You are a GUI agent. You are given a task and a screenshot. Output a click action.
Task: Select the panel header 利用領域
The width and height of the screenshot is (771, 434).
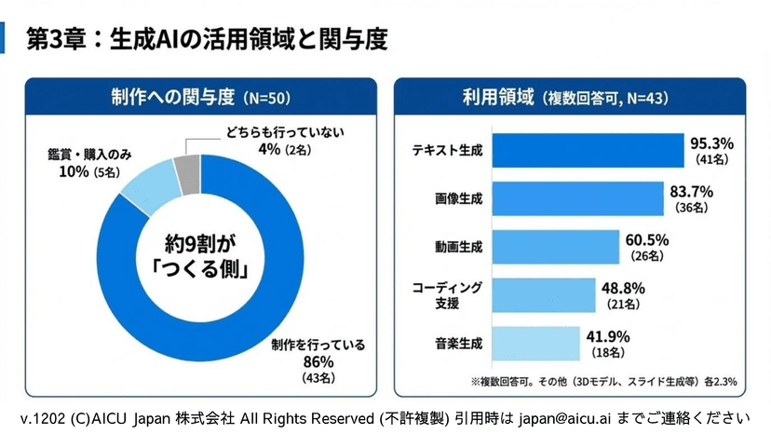(497, 97)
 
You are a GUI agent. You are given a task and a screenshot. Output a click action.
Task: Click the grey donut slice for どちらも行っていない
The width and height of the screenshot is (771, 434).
(187, 171)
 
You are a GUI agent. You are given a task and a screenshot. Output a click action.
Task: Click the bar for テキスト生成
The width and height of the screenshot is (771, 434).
(588, 150)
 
